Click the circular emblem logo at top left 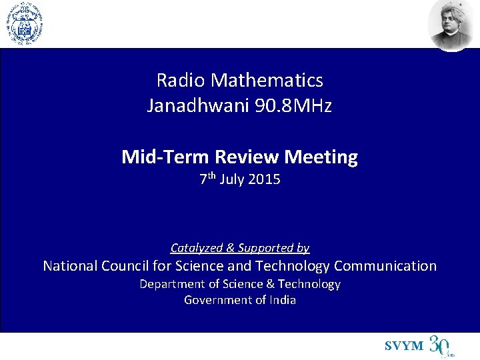24,23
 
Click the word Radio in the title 181,81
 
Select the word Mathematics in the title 267,81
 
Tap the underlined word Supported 273,248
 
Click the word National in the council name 70,266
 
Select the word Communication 385,266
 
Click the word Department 172,284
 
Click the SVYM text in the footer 404,346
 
